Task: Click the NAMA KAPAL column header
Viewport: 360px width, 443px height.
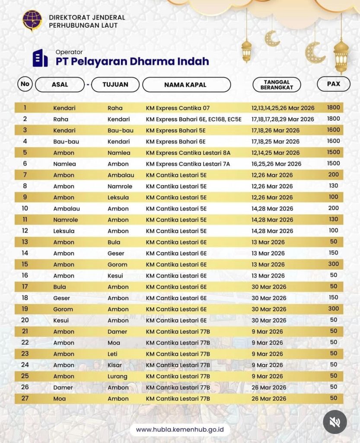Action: [x=186, y=85]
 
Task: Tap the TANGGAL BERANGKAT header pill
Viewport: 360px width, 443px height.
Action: [x=277, y=84]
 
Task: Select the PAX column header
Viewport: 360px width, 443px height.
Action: [x=333, y=84]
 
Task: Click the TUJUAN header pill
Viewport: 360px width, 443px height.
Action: [x=115, y=84]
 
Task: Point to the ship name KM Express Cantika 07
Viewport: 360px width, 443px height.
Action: [x=178, y=108]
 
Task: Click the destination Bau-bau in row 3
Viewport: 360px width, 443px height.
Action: [x=120, y=130]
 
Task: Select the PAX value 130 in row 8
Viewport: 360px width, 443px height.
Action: [x=333, y=186]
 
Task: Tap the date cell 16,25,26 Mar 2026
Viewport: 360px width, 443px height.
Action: [x=276, y=164]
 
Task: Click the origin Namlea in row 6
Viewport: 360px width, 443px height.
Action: [x=64, y=164]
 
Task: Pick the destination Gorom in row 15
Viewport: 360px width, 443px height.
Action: [x=117, y=264]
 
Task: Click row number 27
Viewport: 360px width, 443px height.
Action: [x=25, y=398]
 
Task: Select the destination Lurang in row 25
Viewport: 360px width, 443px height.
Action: [x=118, y=376]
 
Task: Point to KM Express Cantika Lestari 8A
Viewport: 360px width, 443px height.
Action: [x=188, y=153]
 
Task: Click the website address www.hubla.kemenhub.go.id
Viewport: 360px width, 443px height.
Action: [x=179, y=430]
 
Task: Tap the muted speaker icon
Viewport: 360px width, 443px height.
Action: [x=335, y=422]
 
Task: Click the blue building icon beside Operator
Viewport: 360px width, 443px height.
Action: [x=40, y=58]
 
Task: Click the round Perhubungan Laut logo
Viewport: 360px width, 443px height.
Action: [x=33, y=20]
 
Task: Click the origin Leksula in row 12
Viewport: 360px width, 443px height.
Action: [x=64, y=231]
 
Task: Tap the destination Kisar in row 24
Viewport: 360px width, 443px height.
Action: [x=115, y=365]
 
